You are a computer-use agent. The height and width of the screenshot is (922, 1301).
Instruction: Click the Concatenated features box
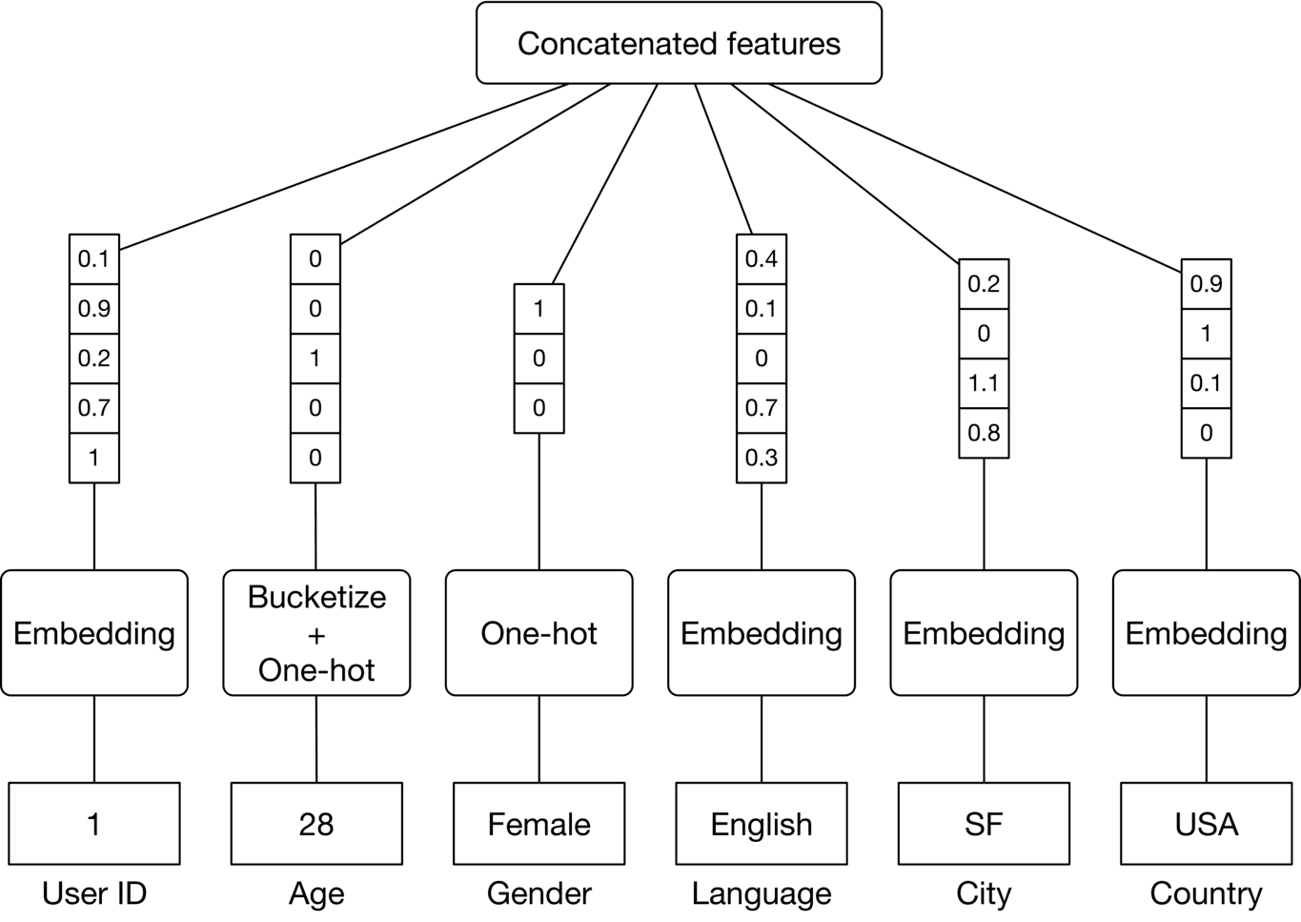(x=679, y=44)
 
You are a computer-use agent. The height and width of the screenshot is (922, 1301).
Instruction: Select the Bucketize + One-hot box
(x=316, y=633)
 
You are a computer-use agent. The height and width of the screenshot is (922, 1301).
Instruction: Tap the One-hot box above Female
(x=539, y=633)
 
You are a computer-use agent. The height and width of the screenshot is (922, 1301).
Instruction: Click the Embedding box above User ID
(x=94, y=633)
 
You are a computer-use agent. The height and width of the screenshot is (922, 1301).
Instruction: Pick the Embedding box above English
(x=761, y=633)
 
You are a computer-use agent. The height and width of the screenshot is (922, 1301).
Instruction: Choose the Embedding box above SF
(x=984, y=633)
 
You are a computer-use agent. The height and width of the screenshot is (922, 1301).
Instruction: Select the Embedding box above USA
(x=1206, y=633)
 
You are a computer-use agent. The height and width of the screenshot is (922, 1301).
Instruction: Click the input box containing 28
(x=316, y=824)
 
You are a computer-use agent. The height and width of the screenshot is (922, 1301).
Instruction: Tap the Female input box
(x=539, y=824)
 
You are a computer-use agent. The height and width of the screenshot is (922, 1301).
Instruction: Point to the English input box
(x=761, y=824)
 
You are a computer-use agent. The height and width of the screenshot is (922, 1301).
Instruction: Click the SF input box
(x=984, y=824)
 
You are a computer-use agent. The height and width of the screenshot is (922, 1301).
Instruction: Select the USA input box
(x=1206, y=824)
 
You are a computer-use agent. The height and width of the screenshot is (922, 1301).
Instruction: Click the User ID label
(x=94, y=893)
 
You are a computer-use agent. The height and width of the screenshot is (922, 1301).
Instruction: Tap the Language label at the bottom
(x=761, y=893)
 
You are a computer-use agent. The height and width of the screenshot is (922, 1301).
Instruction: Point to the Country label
(x=1206, y=893)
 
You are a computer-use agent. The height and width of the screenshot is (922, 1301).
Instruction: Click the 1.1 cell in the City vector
(x=984, y=383)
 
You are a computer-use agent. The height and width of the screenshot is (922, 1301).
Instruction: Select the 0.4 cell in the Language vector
(x=761, y=259)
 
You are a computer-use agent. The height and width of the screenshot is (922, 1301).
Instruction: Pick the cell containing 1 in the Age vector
(x=315, y=359)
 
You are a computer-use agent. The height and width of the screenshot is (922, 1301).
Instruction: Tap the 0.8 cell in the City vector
(x=984, y=433)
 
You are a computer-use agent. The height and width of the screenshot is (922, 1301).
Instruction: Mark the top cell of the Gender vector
(x=539, y=309)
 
